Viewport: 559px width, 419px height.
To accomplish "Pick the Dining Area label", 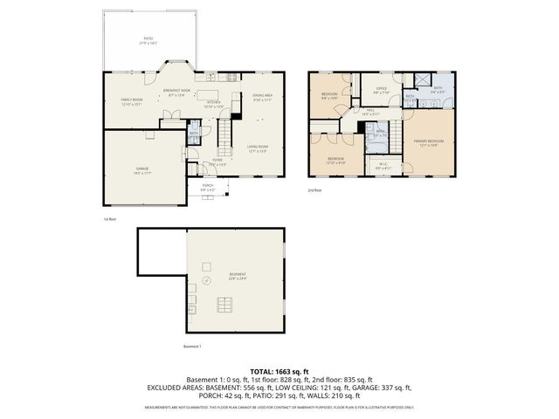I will [x=263, y=97].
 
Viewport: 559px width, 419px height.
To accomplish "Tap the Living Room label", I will [x=257, y=148].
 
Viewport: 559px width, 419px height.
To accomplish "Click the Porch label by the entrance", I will [x=209, y=187].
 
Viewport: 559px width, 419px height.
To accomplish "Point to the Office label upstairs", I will [x=381, y=90].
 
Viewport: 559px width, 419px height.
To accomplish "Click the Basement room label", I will [x=238, y=276].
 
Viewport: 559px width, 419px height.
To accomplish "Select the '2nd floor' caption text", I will [x=314, y=189].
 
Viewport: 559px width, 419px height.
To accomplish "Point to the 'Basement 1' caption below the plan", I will [x=192, y=347].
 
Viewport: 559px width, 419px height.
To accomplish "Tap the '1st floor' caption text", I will [x=110, y=219].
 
